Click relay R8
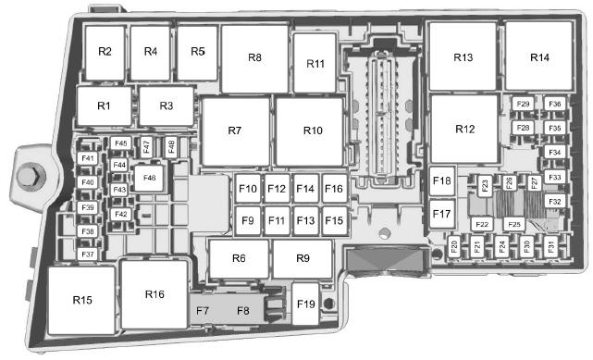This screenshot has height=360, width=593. coord(255,58)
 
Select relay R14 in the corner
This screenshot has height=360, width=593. coord(539,56)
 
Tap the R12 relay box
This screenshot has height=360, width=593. coord(464,129)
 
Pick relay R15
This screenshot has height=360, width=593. coord(81,300)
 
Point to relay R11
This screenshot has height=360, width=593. coord(315,63)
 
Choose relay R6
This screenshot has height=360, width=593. coord(239,258)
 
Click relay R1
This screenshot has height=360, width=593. coord(104,106)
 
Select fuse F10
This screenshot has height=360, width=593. coord(248,188)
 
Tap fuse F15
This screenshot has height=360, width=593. coord(334,220)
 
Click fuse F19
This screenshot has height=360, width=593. coord(305,304)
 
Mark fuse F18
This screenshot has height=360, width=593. coord(441,180)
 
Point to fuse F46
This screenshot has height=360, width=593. coord(149,178)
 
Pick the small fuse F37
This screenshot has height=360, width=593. coord(87,254)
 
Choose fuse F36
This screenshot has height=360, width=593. coord(555,104)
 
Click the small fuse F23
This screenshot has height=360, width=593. coord(485,186)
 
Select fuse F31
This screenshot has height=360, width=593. coord(551,246)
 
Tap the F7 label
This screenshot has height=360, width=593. coord(203,311)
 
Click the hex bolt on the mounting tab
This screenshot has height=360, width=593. coord(31,176)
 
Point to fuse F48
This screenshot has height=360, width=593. coord(171,147)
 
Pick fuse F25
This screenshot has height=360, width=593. coord(514,224)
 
